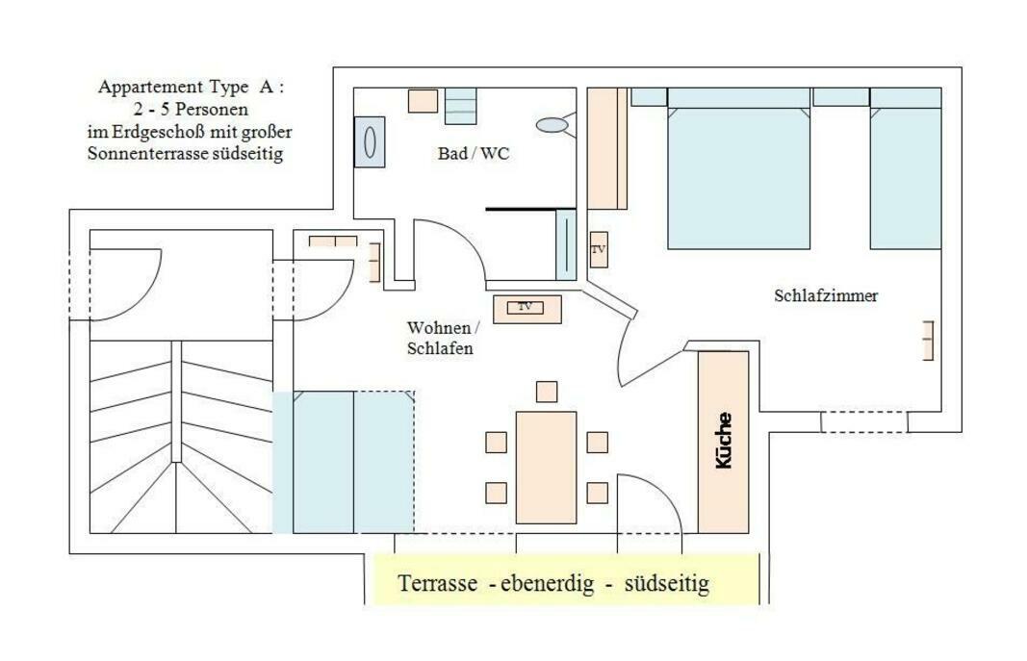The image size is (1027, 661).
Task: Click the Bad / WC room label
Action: pyautogui.click(x=473, y=154)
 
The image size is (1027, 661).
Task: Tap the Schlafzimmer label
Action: pyautogui.click(x=826, y=295)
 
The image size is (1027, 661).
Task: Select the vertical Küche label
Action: pyautogui.click(x=724, y=440)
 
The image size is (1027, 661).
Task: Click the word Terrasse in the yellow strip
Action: pyautogui.click(x=438, y=583)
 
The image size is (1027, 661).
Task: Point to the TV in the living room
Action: pyautogui.click(x=526, y=307)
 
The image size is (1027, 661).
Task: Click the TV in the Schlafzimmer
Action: pyautogui.click(x=599, y=249)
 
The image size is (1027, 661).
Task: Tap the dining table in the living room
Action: pyautogui.click(x=547, y=468)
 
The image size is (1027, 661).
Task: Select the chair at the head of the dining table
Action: pyautogui.click(x=547, y=392)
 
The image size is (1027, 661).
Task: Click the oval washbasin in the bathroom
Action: pyautogui.click(x=552, y=124)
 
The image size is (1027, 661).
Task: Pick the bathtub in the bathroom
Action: pyautogui.click(x=370, y=142)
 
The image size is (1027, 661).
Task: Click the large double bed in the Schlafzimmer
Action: pyautogui.click(x=739, y=168)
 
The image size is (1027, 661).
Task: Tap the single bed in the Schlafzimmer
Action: pyautogui.click(x=906, y=168)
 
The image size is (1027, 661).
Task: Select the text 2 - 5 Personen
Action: pyautogui.click(x=191, y=109)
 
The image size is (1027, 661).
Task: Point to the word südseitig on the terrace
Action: pyautogui.click(x=667, y=583)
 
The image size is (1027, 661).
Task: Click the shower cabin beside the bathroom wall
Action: pyautogui.click(x=565, y=244)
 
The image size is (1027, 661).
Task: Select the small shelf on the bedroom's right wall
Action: pyautogui.click(x=928, y=341)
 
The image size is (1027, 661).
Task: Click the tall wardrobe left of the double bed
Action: pyautogui.click(x=607, y=148)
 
